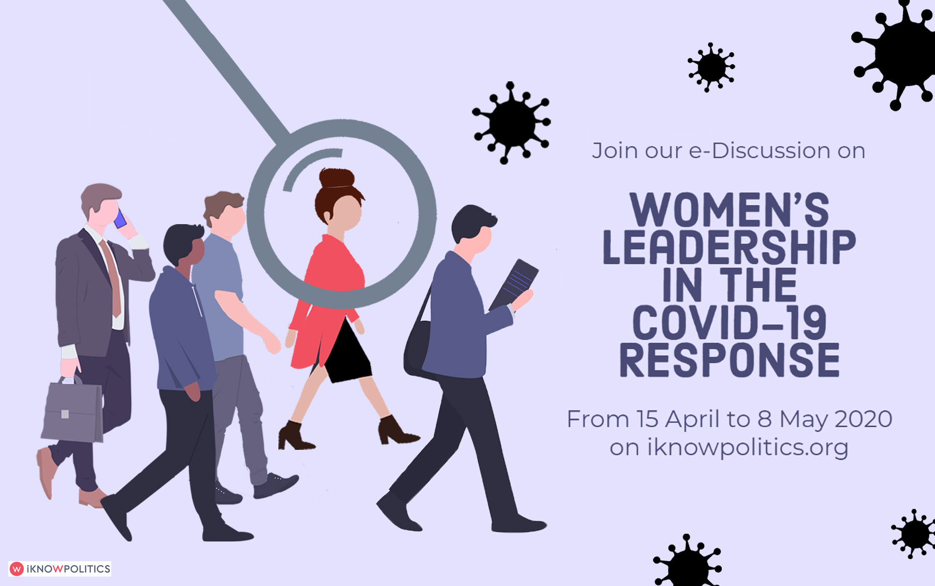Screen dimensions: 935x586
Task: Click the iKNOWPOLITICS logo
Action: click(60, 569)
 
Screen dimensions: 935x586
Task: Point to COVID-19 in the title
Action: click(729, 323)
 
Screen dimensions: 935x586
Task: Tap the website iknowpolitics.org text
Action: click(748, 447)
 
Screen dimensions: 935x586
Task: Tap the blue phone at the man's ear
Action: click(120, 219)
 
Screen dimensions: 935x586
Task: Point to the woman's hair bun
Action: click(337, 178)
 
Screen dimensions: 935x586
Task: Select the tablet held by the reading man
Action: click(514, 285)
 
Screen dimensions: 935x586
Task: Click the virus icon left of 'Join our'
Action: click(511, 123)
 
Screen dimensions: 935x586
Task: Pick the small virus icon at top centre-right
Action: click(711, 67)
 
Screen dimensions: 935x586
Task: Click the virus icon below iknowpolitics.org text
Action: click(687, 562)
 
